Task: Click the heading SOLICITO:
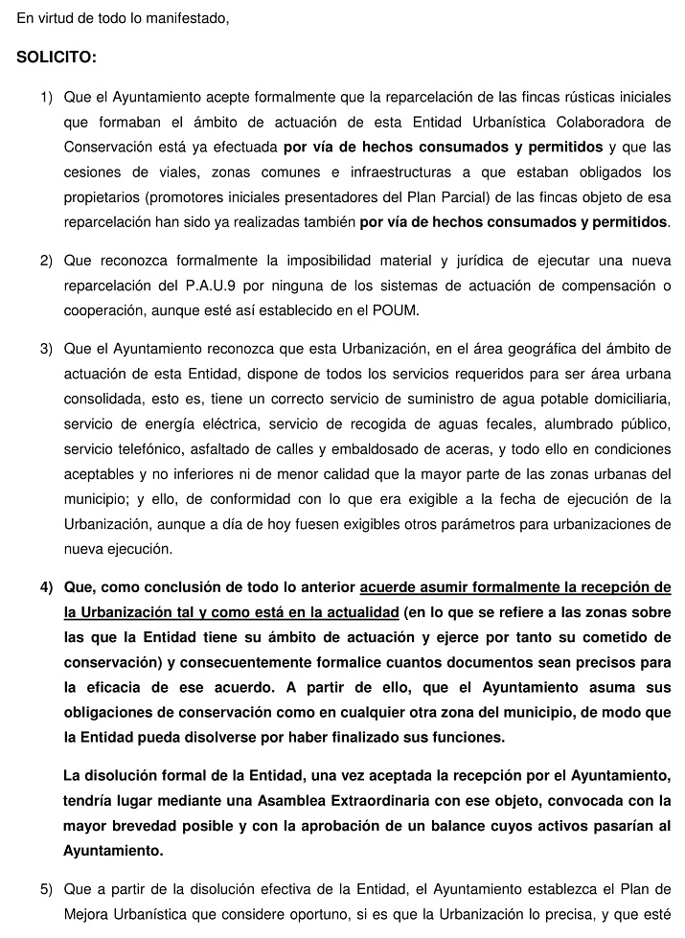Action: pyautogui.click(x=57, y=57)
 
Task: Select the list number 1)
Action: pyautogui.click(x=46, y=98)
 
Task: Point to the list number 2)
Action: pyautogui.click(x=46, y=261)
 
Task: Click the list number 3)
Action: pyautogui.click(x=46, y=348)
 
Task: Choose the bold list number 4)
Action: pyautogui.click(x=46, y=587)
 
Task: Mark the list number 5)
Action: pyautogui.click(x=46, y=888)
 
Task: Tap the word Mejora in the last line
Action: pyautogui.click(x=86, y=913)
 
